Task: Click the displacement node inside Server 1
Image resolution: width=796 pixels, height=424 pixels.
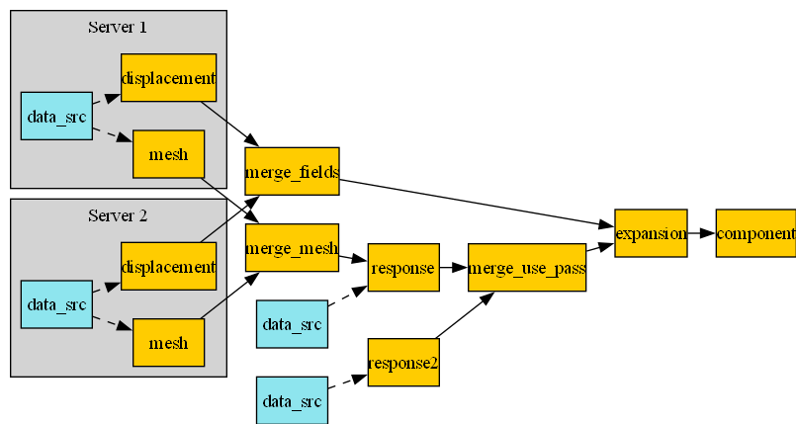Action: pos(168,78)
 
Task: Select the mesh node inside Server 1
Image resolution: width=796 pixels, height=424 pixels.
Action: pos(168,154)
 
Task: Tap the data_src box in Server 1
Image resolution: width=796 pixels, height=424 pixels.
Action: pos(56,116)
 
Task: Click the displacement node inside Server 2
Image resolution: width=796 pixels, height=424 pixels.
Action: pos(168,266)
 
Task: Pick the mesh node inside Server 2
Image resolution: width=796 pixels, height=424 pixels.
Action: pos(168,342)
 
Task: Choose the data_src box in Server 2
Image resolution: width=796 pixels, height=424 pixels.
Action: pos(56,303)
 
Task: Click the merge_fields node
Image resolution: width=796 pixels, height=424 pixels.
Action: pos(292,172)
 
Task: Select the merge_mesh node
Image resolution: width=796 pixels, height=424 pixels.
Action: pos(292,248)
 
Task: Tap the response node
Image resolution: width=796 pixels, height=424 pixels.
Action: pos(403,267)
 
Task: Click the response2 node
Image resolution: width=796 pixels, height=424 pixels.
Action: pos(403,362)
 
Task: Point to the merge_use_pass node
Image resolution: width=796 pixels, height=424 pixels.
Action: pos(527,267)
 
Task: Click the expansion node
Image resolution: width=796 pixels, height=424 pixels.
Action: pos(650,233)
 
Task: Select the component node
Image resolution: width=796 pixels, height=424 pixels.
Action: pos(755,233)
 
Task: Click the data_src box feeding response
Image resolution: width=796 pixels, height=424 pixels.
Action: pos(292,324)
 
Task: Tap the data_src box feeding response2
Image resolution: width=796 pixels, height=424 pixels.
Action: pos(292,400)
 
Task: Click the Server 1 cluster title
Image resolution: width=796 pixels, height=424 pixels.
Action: pos(118,27)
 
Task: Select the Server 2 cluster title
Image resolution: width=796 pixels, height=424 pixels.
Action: pos(118,214)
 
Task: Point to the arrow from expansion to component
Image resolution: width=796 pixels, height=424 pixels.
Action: pos(701,233)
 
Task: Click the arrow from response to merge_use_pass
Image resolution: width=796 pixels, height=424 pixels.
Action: pos(453,267)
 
